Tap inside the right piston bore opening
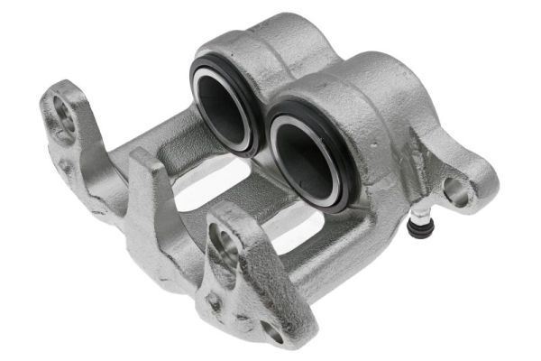pyautogui.click(x=302, y=157)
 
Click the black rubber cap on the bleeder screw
pyautogui.click(x=417, y=228)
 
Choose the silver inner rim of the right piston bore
pyautogui.click(x=335, y=171)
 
